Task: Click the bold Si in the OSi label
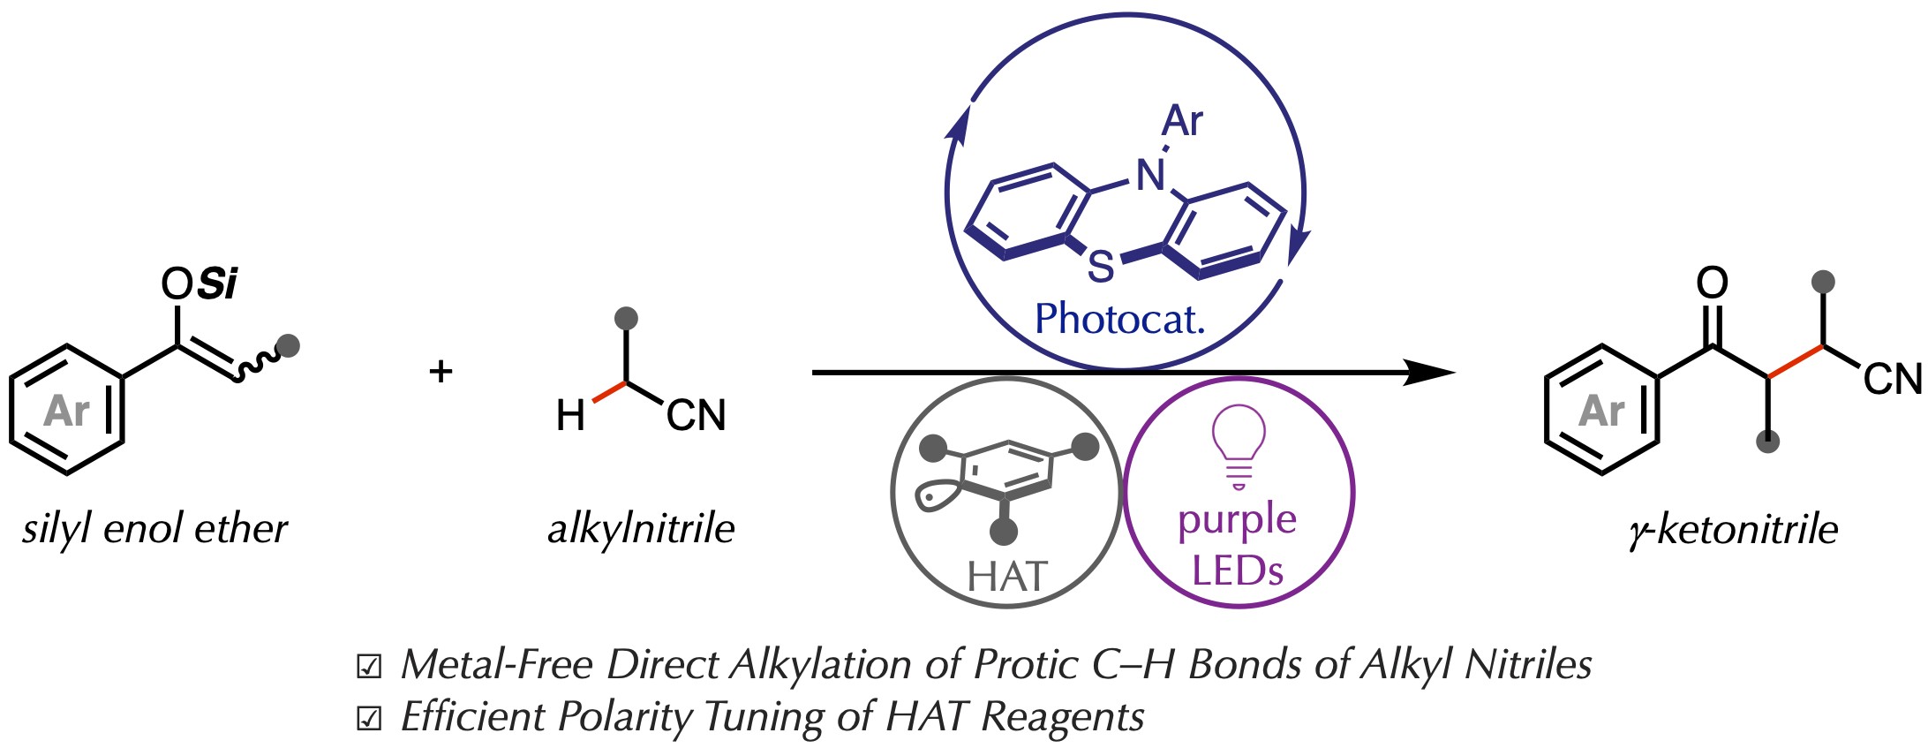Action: (x=217, y=283)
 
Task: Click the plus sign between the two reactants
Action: (x=441, y=371)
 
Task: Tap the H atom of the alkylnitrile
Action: (x=570, y=415)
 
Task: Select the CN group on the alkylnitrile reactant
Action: (x=696, y=415)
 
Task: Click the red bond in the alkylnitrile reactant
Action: (x=609, y=392)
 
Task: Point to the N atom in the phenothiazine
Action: (x=1150, y=175)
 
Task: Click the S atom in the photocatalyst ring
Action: (x=1101, y=266)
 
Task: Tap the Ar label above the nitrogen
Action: (x=1182, y=121)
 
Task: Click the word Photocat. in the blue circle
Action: (x=1119, y=319)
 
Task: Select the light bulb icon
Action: (x=1239, y=446)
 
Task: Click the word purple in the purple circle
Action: (x=1237, y=520)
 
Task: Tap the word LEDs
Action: (x=1237, y=570)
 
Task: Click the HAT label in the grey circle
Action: (x=1006, y=577)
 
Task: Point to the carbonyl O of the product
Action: (x=1712, y=283)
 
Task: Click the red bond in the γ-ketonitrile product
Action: (x=1796, y=362)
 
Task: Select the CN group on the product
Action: (x=1892, y=379)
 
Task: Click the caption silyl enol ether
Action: (x=155, y=529)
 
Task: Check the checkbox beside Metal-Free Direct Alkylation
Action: (x=368, y=667)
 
